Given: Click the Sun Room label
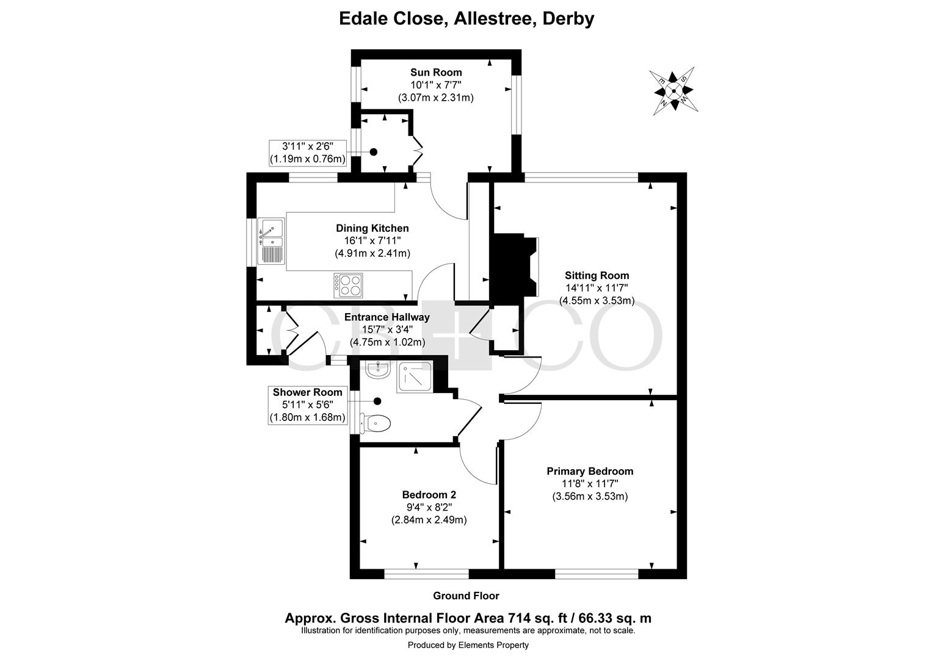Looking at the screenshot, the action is [x=436, y=72].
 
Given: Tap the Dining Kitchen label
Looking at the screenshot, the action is [x=372, y=228].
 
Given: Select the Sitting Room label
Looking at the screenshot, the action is [x=597, y=275].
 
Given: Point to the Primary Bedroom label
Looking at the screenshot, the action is [x=590, y=471].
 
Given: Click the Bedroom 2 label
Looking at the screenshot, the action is [x=429, y=495].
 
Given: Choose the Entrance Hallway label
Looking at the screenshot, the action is [x=387, y=317].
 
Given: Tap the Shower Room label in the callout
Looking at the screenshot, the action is [x=307, y=392].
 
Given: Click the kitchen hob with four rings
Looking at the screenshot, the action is [x=348, y=286].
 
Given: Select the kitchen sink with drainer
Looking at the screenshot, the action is [x=271, y=241].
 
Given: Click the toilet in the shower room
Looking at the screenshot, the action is [x=376, y=423].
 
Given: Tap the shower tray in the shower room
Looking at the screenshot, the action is [x=415, y=377].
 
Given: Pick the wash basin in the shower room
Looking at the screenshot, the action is [x=378, y=370].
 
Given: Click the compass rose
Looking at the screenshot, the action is [x=673, y=91].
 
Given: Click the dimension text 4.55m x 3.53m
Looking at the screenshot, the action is [x=597, y=300].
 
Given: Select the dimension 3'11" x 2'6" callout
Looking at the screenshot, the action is [x=308, y=153].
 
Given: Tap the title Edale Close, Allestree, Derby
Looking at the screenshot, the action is [x=466, y=19].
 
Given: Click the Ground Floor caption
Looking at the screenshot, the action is [x=466, y=596].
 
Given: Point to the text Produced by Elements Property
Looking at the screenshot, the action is [x=468, y=645].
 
